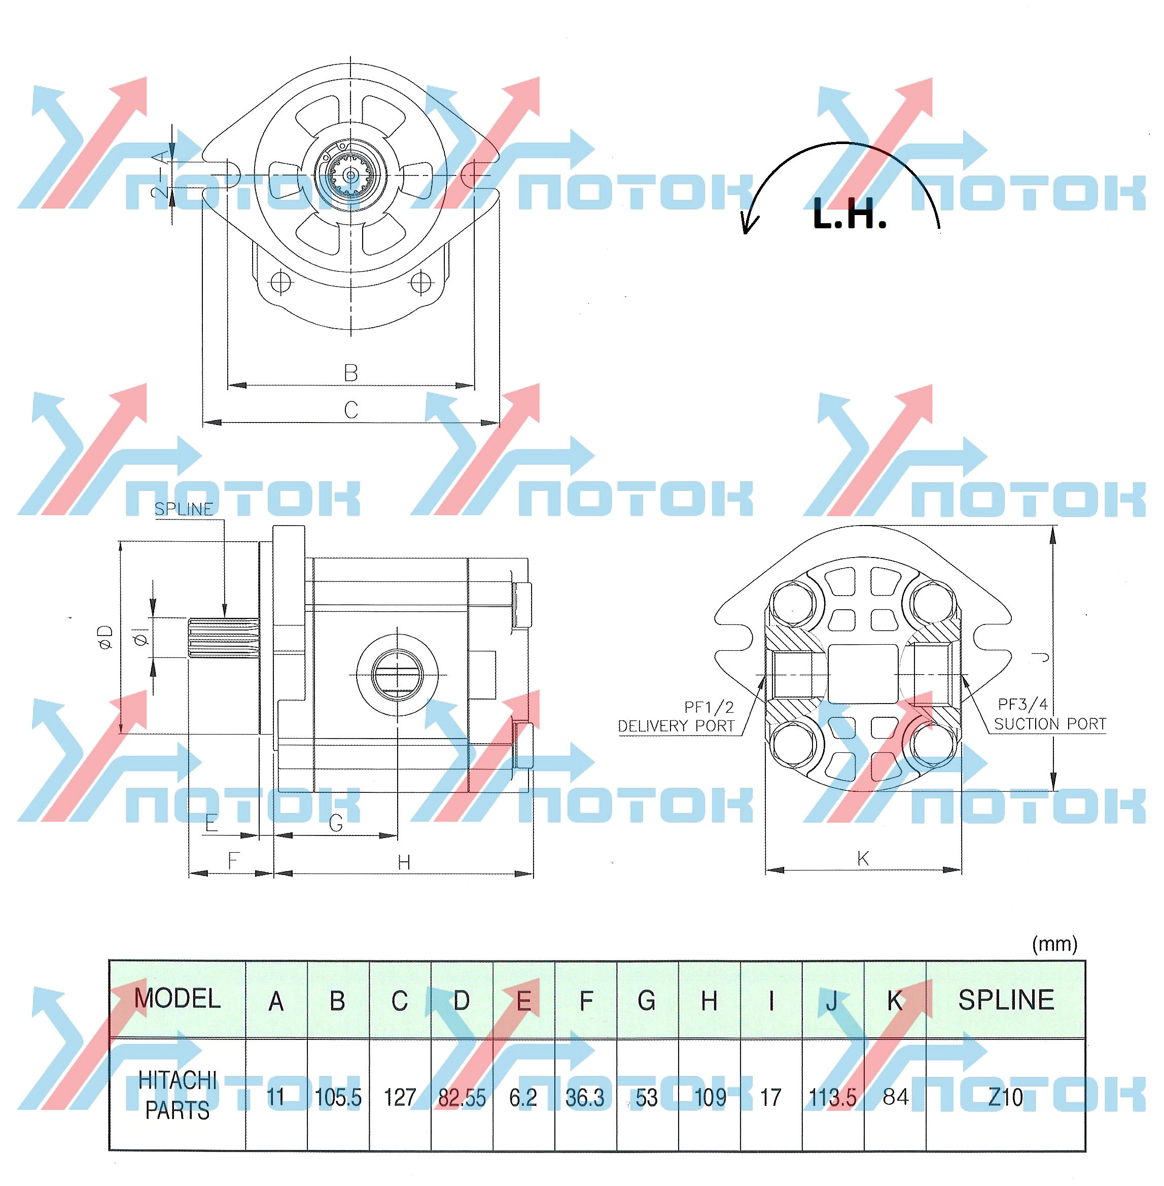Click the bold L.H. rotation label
click(x=849, y=215)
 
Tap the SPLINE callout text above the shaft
click(x=184, y=509)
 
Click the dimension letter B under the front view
click(x=350, y=373)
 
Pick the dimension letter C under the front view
click(x=350, y=409)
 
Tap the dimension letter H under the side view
click(x=404, y=862)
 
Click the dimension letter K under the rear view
click(x=863, y=858)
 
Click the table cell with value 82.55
click(x=462, y=1097)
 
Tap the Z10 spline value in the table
click(x=1005, y=1097)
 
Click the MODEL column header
click(x=178, y=999)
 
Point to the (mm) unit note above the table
click(x=1054, y=945)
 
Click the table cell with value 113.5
click(x=833, y=1097)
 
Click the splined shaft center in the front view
click(x=350, y=176)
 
